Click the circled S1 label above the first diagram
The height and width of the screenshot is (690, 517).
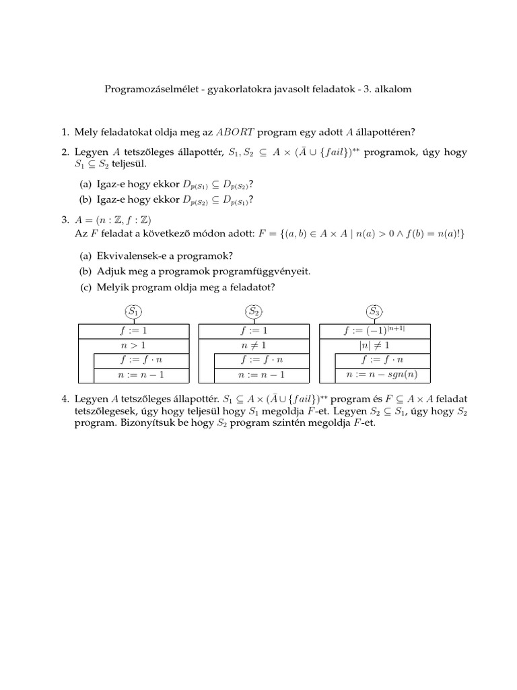pos(134,312)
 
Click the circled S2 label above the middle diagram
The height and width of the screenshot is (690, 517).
pos(254,312)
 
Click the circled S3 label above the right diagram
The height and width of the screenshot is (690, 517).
pos(374,312)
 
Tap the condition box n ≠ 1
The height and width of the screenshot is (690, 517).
pos(254,345)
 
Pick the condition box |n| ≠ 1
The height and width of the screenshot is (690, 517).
pos(375,345)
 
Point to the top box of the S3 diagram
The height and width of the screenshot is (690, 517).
pos(375,330)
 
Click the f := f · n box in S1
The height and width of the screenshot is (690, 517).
pos(142,360)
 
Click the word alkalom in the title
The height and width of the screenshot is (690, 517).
pos(392,88)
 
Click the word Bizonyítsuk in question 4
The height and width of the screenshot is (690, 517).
pos(143,426)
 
